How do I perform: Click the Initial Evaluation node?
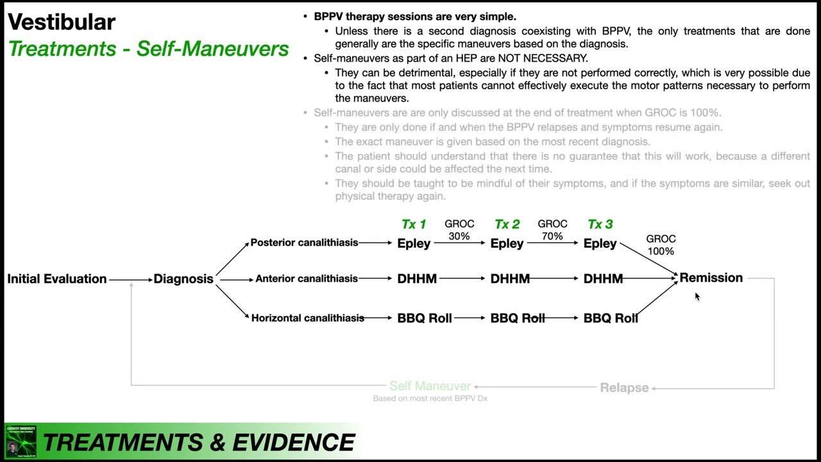pyautogui.click(x=56, y=278)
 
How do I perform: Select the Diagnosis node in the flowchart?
pyautogui.click(x=183, y=278)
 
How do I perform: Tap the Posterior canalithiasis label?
pyautogui.click(x=304, y=243)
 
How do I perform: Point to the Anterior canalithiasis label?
pyautogui.click(x=307, y=278)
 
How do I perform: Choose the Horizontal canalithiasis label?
pyautogui.click(x=307, y=318)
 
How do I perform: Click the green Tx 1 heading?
pyautogui.click(x=414, y=224)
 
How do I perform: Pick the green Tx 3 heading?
pyautogui.click(x=600, y=224)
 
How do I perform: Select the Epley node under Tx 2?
pyautogui.click(x=507, y=243)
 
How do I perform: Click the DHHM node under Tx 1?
pyautogui.click(x=417, y=278)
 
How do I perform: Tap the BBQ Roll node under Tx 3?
pyautogui.click(x=610, y=318)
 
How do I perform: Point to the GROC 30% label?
pyautogui.click(x=459, y=230)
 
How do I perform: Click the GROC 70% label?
pyautogui.click(x=552, y=230)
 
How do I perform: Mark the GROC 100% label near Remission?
pyautogui.click(x=661, y=244)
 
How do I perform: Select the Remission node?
pyautogui.click(x=711, y=278)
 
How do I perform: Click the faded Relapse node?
pyautogui.click(x=624, y=388)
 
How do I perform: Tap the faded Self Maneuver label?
pyautogui.click(x=430, y=386)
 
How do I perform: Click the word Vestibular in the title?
pyautogui.click(x=62, y=22)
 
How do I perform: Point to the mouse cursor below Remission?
pyautogui.click(x=697, y=296)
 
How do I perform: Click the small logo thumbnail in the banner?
pyautogui.click(x=21, y=441)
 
